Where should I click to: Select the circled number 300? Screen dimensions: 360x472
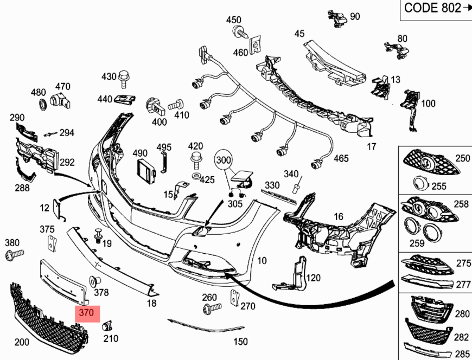(x=224, y=160)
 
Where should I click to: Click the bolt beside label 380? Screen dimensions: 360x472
(x=15, y=254)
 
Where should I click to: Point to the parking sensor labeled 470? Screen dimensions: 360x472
(x=60, y=99)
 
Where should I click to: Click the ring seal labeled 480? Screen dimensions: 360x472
(x=41, y=105)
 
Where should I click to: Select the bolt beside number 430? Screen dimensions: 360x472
(x=124, y=78)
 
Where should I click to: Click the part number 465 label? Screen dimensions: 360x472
(x=341, y=159)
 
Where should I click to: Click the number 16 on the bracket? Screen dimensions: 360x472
(x=339, y=217)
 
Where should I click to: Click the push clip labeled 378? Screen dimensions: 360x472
(x=95, y=281)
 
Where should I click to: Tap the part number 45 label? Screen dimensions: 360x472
(x=299, y=34)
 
